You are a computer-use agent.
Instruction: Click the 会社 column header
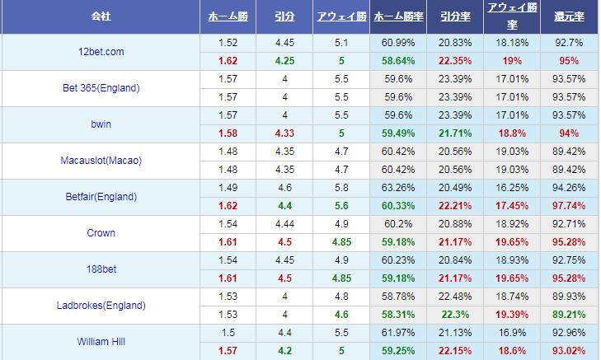pos(101,16)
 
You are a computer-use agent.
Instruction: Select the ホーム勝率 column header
pos(398,16)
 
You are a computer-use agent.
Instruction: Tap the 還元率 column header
pos(569,16)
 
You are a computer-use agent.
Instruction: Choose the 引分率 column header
pos(455,16)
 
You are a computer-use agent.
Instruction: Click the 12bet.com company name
pos(101,52)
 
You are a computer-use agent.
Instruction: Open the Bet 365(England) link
pos(101,88)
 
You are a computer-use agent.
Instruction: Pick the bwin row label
pos(101,124)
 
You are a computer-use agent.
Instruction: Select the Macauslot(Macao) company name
pos(101,161)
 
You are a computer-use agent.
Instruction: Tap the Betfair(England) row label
pos(101,197)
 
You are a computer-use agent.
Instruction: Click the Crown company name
pos(101,233)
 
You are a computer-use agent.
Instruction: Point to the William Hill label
pos(101,342)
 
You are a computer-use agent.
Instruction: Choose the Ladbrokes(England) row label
pos(101,306)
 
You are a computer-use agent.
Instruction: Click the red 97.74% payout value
pos(569,206)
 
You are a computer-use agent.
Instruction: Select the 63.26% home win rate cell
pos(398,188)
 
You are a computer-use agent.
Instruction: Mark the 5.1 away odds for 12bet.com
pos(341,43)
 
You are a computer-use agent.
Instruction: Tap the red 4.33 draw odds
pos(284,133)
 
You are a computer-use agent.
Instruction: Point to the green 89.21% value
pos(569,315)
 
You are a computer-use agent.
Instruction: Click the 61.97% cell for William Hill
pos(398,333)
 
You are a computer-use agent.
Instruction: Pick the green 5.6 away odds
pos(341,206)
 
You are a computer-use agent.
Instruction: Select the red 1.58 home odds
pos(228,133)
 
